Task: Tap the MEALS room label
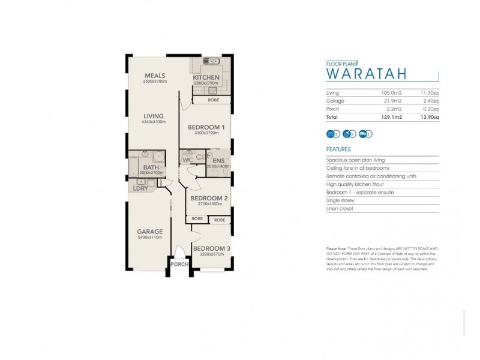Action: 154,76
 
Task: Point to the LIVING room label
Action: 154,117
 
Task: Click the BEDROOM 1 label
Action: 206,127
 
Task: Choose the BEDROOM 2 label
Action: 208,198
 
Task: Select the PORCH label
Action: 179,263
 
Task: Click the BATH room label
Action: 151,167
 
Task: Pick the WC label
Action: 187,160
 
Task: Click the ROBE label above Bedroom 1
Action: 213,100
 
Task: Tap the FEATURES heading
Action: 338,149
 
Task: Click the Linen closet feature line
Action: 340,209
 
